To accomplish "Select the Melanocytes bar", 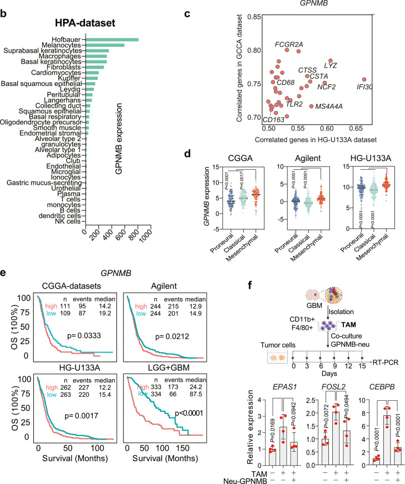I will [104, 45].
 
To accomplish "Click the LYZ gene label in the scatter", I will [331, 65].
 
